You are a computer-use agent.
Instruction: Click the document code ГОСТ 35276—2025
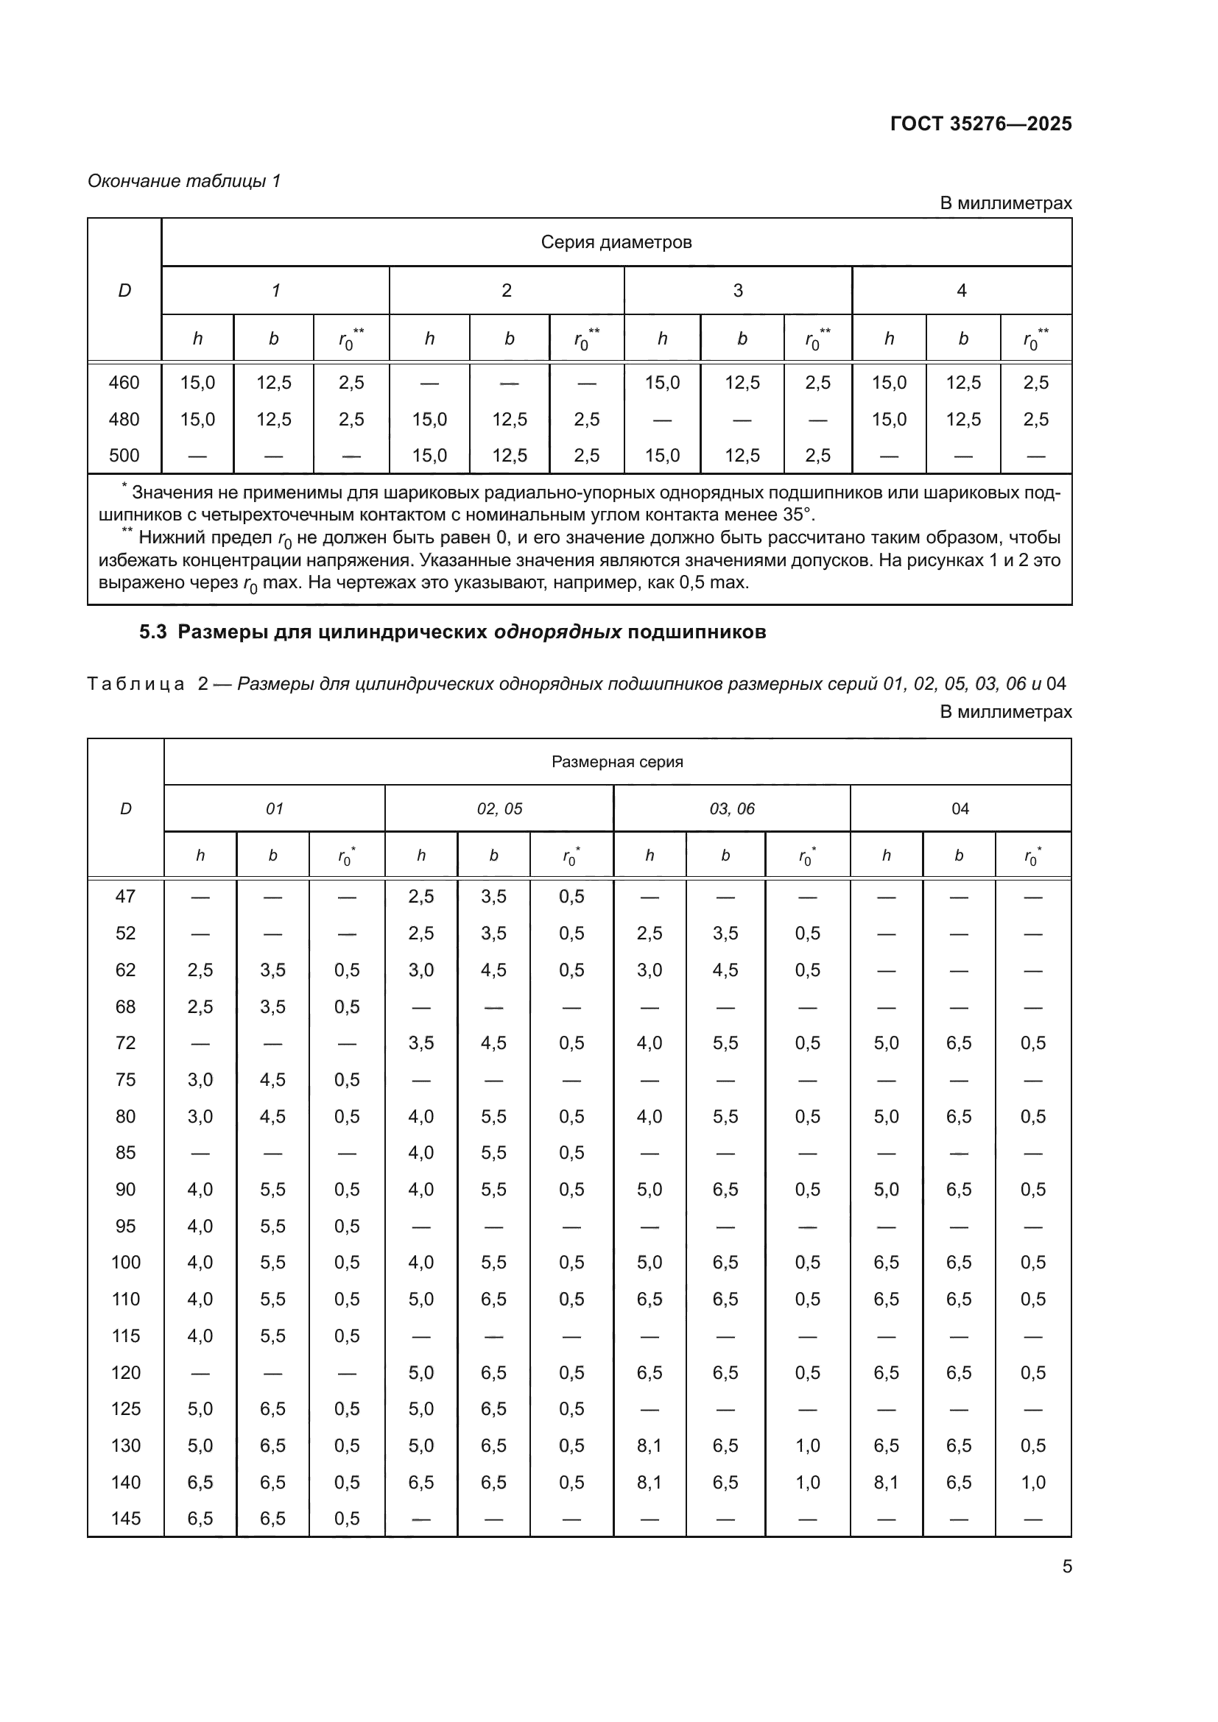pyautogui.click(x=980, y=124)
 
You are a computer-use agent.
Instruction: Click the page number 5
pyautogui.click(x=1066, y=1567)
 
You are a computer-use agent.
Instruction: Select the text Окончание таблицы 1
pyautogui.click(x=184, y=181)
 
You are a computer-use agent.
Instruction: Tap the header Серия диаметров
pyautogui.click(x=616, y=242)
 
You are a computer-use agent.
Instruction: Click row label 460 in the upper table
pyautogui.click(x=124, y=383)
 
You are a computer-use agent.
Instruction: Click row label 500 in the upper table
pyautogui.click(x=124, y=455)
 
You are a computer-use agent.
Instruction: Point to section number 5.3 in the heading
pyautogui.click(x=153, y=632)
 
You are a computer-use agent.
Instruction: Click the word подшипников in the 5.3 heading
pyautogui.click(x=696, y=632)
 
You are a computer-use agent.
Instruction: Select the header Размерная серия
pyautogui.click(x=616, y=762)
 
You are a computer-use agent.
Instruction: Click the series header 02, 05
pyautogui.click(x=499, y=808)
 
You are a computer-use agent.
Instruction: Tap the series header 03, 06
pyautogui.click(x=731, y=808)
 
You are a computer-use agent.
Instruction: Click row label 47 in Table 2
pyautogui.click(x=125, y=896)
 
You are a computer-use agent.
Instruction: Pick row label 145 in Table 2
pyautogui.click(x=125, y=1519)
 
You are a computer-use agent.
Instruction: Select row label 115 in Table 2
pyautogui.click(x=125, y=1335)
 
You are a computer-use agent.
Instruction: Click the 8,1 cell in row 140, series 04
pyautogui.click(x=885, y=1482)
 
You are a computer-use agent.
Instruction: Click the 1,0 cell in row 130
pyautogui.click(x=807, y=1445)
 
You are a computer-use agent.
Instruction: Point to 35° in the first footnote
pyautogui.click(x=798, y=515)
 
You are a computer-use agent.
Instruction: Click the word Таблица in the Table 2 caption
pyautogui.click(x=135, y=684)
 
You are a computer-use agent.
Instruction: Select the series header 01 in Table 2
pyautogui.click(x=274, y=808)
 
